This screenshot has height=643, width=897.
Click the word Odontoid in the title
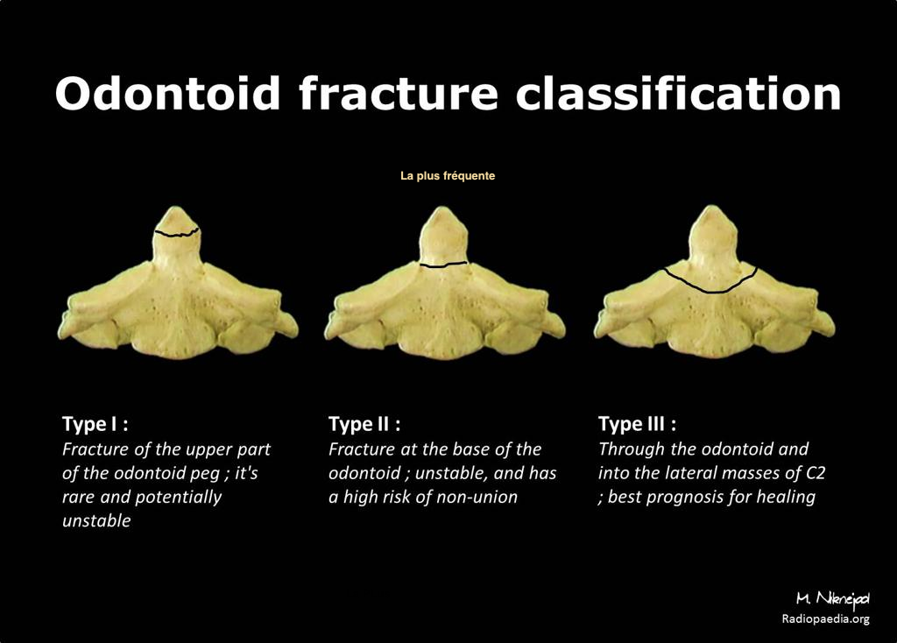click(167, 93)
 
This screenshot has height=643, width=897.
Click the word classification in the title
click(678, 93)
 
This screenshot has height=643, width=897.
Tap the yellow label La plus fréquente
click(448, 175)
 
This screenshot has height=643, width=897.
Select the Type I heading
click(95, 424)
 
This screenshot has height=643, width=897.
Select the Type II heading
click(364, 424)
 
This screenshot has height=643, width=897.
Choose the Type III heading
click(638, 424)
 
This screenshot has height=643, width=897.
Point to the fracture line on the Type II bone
click(444, 265)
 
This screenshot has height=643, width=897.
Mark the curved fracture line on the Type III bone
click(711, 286)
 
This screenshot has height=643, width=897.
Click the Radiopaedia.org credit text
click(825, 618)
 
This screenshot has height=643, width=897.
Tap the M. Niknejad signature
click(833, 598)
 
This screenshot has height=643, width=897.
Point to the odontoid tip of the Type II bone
click(441, 209)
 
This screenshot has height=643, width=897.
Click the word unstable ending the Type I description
click(96, 520)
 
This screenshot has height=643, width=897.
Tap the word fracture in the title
click(399, 93)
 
